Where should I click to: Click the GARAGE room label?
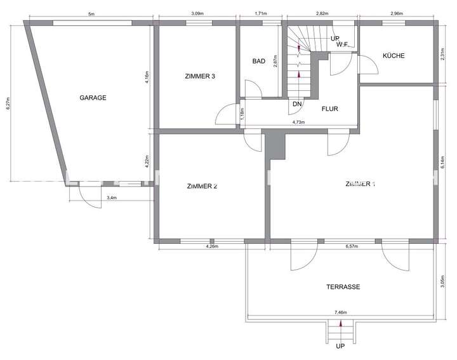pos(93,98)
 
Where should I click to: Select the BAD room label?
pos(258,62)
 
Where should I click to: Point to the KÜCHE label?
pos(393,56)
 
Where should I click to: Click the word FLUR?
pos(329,109)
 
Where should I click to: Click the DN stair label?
pos(297,103)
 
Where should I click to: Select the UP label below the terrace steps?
pos(340,347)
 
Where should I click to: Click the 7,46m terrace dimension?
pos(341,312)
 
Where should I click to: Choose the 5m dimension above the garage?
pos(91,13)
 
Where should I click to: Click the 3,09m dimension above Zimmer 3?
pos(197,13)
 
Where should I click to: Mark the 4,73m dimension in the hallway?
pos(298,122)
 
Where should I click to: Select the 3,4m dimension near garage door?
pos(112,198)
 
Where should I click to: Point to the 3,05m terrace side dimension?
pos(442,282)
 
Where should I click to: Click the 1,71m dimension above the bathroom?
pos(260,13)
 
